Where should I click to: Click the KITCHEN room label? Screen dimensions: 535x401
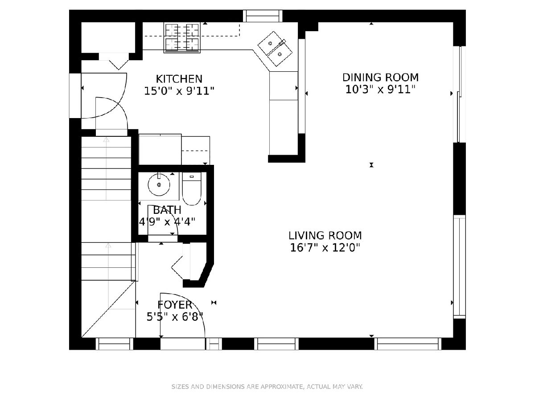tap(179, 79)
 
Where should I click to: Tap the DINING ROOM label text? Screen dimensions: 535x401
tap(380, 78)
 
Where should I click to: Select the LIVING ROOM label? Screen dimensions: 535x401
tap(325, 235)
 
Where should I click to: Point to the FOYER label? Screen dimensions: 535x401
tap(175, 305)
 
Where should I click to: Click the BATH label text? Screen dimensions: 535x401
tap(167, 210)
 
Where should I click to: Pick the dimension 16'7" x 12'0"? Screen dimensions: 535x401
tap(325, 248)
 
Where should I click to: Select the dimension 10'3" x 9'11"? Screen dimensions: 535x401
tap(380, 90)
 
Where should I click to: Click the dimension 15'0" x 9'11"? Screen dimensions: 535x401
tap(179, 91)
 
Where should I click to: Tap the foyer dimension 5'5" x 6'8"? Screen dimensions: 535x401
tap(175, 317)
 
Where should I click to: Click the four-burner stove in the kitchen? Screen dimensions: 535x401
tap(182, 37)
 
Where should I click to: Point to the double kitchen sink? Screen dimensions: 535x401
tap(275, 49)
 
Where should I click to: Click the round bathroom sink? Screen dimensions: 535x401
tap(159, 185)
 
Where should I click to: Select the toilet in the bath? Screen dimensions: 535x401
tap(192, 188)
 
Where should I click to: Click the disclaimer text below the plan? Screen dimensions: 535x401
tap(267, 386)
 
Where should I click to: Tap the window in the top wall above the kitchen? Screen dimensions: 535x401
tap(263, 16)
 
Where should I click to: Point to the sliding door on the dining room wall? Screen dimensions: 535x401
tap(460, 94)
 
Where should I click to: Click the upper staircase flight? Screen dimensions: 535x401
tap(106, 168)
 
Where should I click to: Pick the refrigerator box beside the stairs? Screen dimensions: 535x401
tap(160, 149)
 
